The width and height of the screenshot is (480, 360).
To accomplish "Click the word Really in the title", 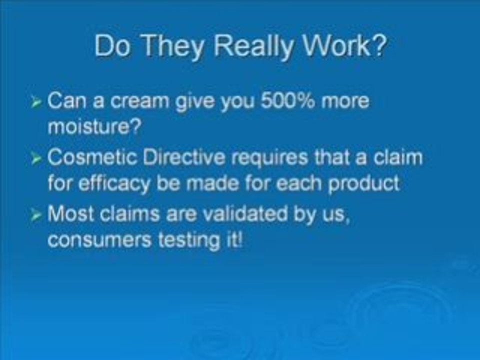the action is pos(253,46).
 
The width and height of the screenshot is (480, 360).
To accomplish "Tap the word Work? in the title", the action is pos(344,45).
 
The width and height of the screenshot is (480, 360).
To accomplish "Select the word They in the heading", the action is pos(172,46).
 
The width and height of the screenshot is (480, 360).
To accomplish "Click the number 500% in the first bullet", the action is pos(288,100).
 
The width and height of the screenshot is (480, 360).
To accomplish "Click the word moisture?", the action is pos(95,126).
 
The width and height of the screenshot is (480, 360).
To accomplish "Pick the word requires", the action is pos(269,158).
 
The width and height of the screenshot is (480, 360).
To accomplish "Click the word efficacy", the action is pos(114,184).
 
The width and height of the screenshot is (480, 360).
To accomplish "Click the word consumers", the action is pos(100,240).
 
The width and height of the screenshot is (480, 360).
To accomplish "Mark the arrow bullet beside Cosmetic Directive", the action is pos(36,159).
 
